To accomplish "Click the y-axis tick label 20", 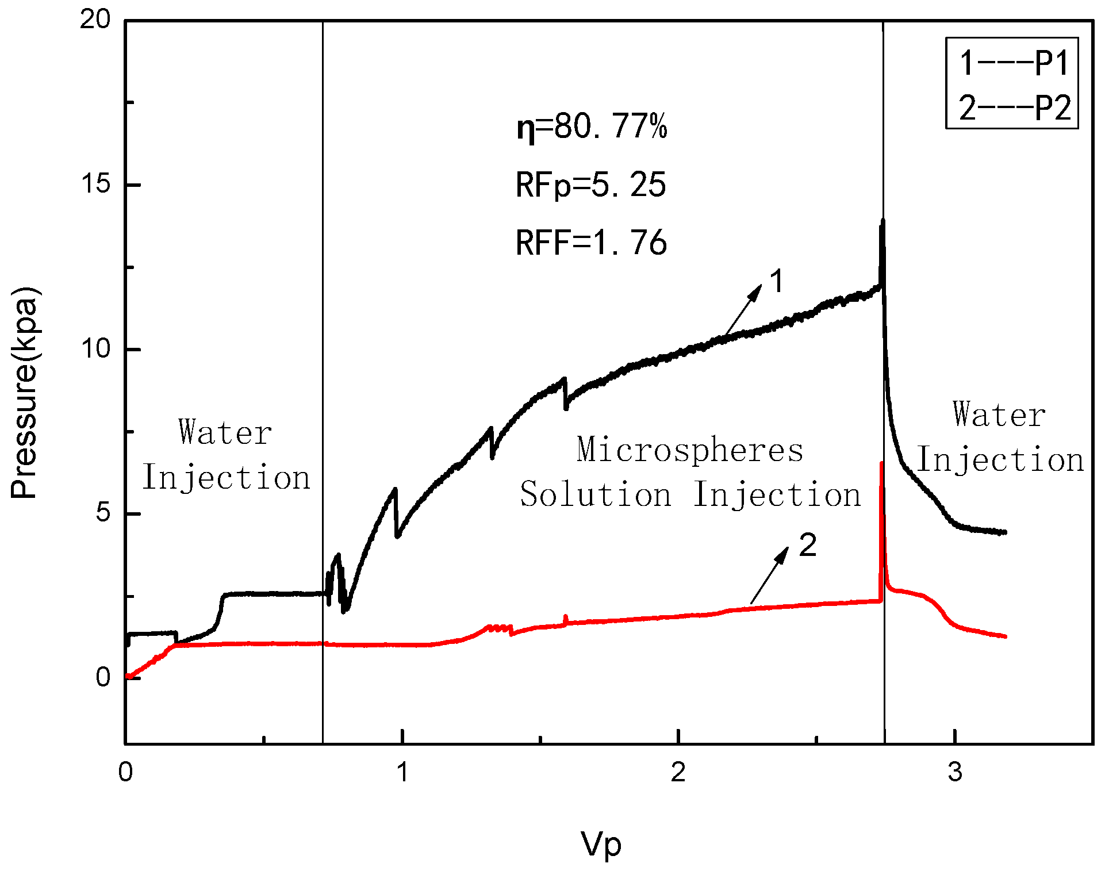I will pyautogui.click(x=95, y=20).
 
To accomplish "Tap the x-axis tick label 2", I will pyautogui.click(x=678, y=772).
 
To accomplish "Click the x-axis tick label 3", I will pyautogui.click(x=955, y=772).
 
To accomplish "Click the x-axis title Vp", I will pyautogui.click(x=601, y=844).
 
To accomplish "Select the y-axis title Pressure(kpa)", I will pyautogui.click(x=24, y=392).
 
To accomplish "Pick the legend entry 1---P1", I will pyautogui.click(x=1014, y=63).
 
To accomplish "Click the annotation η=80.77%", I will pyautogui.click(x=592, y=126).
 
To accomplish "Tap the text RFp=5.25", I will pyautogui.click(x=590, y=185).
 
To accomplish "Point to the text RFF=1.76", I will pyautogui.click(x=590, y=242).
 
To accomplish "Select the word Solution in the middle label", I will pyautogui.click(x=596, y=494).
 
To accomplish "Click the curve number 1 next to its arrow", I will pyautogui.click(x=776, y=282).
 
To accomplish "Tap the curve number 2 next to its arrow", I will pyautogui.click(x=808, y=544).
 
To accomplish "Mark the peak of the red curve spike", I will pyautogui.click(x=881, y=463).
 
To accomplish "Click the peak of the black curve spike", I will pyautogui.click(x=883, y=220).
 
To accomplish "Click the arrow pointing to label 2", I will pyautogui.click(x=770, y=575).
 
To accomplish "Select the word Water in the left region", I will pyautogui.click(x=225, y=432).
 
